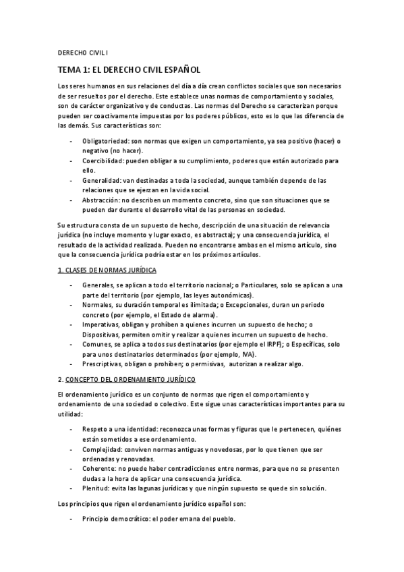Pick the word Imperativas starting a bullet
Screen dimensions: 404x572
pyautogui.click(x=101, y=324)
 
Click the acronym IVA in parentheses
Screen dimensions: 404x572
pyautogui.click(x=250, y=354)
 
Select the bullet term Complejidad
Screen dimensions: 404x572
pyautogui.click(x=103, y=449)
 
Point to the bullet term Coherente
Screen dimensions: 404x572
pyautogui.click(x=99, y=468)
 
